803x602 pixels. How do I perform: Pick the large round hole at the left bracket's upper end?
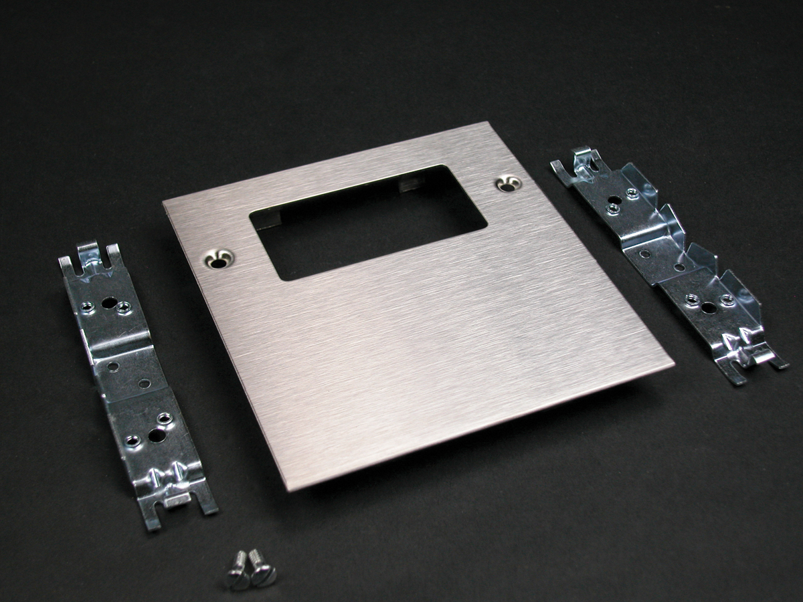click(106, 300)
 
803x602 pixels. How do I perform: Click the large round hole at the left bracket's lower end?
click(157, 435)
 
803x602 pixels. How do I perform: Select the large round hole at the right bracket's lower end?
click(709, 308)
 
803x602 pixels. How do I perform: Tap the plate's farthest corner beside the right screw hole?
click(487, 123)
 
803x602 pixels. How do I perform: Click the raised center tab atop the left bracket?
click(88, 254)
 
